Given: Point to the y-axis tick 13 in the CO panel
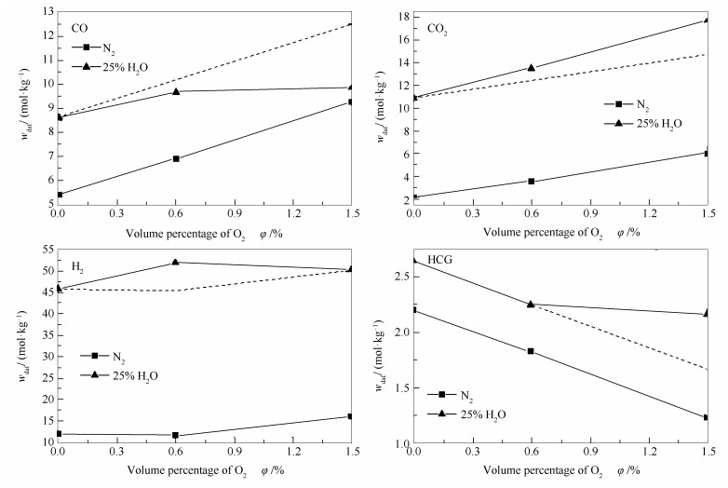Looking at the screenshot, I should [46, 12].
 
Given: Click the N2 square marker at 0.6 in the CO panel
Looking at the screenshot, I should [175, 158].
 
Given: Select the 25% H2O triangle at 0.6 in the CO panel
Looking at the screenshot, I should [175, 91].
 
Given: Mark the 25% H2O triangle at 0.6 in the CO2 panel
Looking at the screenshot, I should [532, 68].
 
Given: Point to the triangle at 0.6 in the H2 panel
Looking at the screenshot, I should [175, 263].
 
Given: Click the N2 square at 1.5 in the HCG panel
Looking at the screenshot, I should [706, 417].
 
